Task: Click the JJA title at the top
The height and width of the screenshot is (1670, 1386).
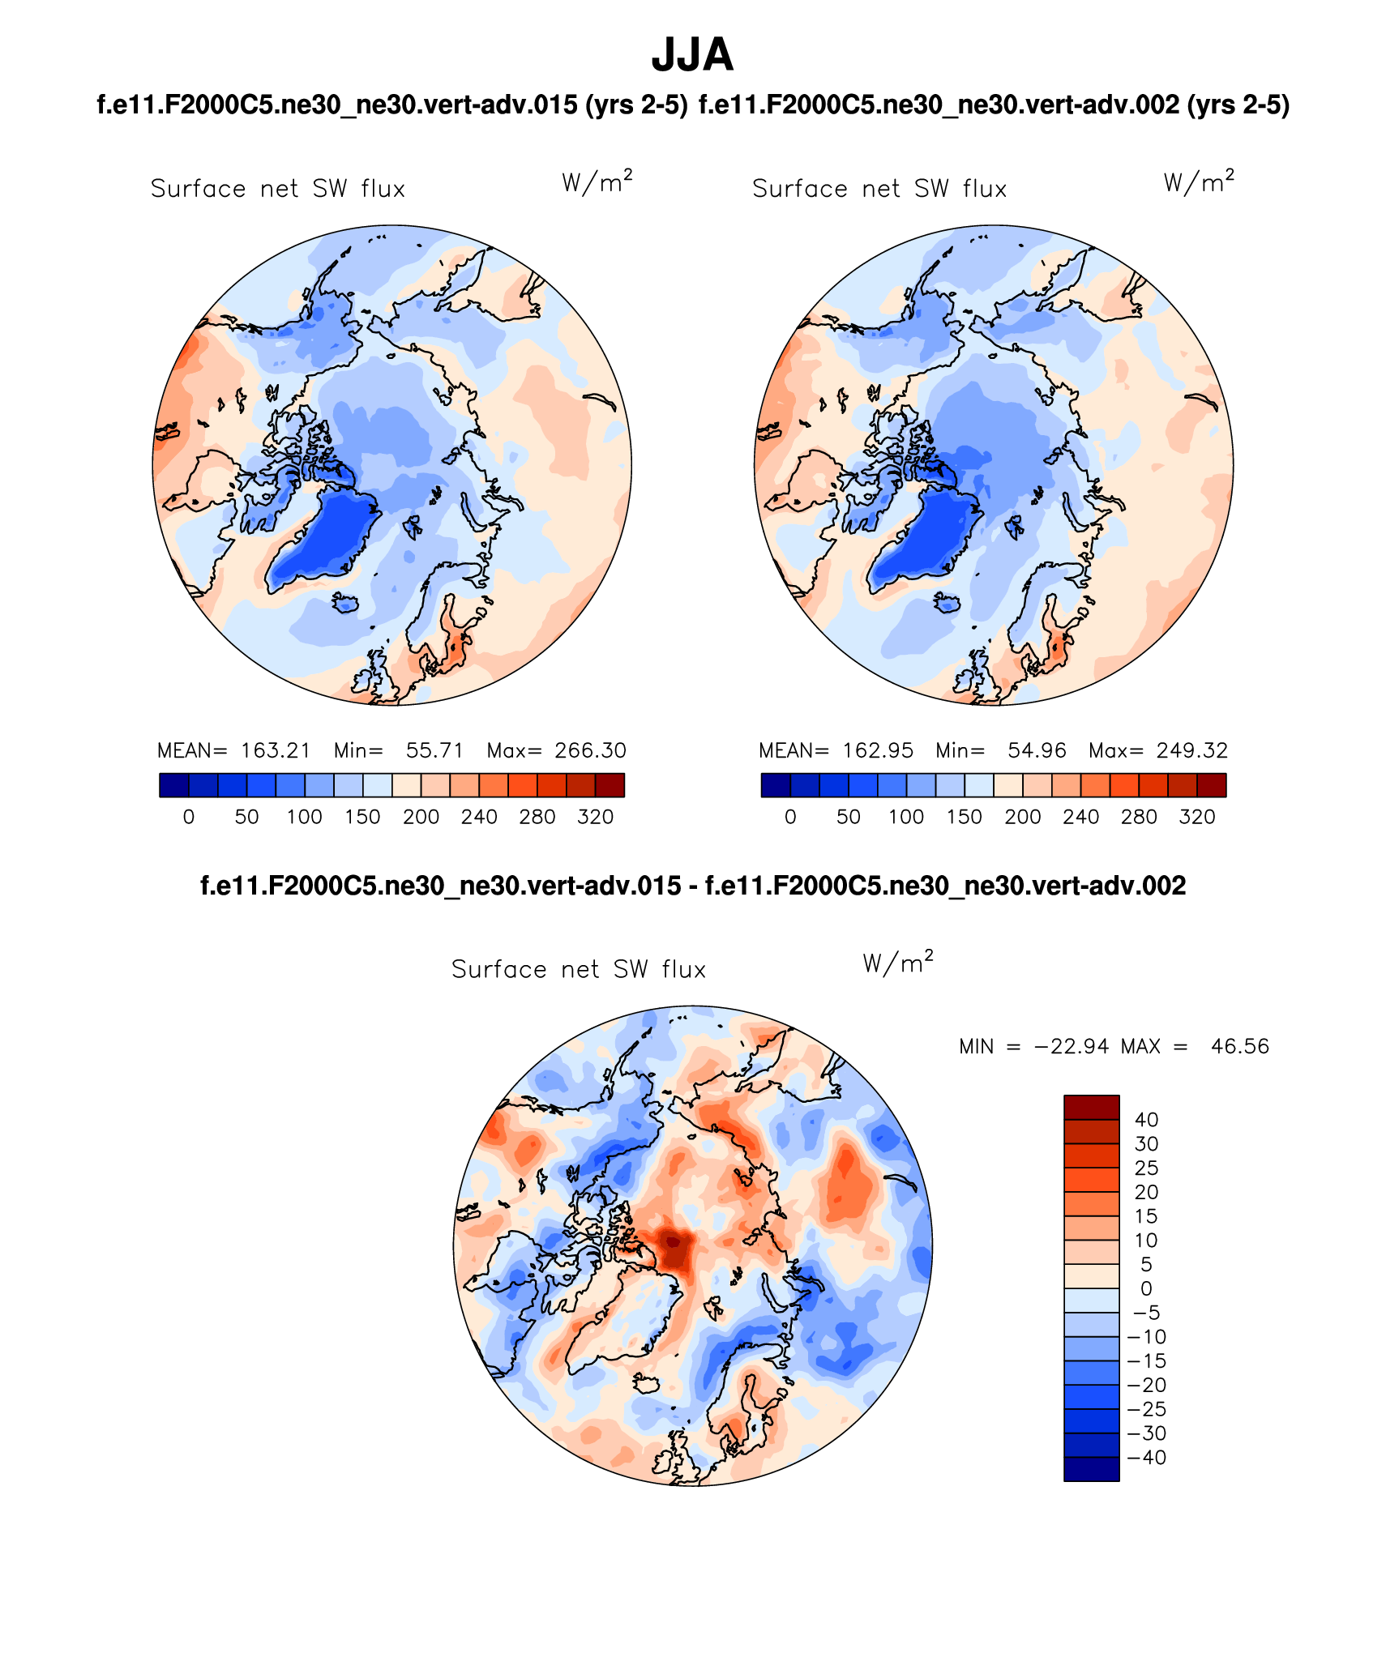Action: click(x=692, y=55)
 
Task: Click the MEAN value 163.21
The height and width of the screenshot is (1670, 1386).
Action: click(x=276, y=750)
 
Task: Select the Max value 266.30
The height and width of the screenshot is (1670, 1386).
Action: click(x=590, y=750)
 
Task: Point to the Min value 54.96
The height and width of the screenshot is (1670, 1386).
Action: click(x=1037, y=750)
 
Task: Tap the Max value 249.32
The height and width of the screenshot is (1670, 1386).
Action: click(x=1192, y=750)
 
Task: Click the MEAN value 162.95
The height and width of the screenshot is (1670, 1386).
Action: click(x=878, y=750)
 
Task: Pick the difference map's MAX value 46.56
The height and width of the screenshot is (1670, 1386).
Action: click(x=1239, y=1046)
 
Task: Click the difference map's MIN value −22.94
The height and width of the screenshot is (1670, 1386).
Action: click(x=1072, y=1046)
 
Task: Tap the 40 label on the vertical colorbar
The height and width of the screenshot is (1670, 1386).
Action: click(x=1146, y=1120)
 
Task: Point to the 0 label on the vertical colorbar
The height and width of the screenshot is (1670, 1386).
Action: click(x=1146, y=1288)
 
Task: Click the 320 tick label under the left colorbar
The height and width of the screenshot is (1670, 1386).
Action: click(x=595, y=817)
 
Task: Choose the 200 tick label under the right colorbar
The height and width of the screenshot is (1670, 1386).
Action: click(x=1022, y=817)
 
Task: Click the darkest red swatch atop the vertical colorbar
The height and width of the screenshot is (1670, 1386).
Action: click(x=1091, y=1107)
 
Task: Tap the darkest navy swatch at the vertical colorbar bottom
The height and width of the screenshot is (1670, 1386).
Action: click(x=1091, y=1469)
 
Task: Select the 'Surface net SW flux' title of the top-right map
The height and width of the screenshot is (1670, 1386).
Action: click(x=879, y=189)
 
